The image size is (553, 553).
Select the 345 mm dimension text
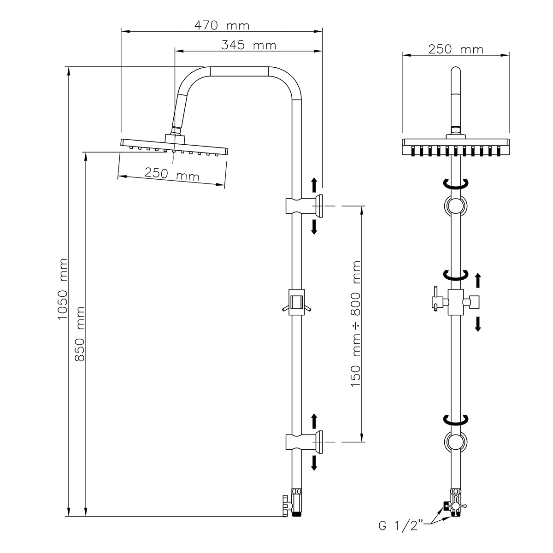click(248, 45)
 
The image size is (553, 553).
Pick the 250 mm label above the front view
click(455, 49)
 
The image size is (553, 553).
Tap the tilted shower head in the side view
click(175, 145)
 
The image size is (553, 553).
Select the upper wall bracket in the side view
click(304, 206)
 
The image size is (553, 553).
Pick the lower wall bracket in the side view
click(304, 441)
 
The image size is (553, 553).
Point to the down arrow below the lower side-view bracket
click(314, 462)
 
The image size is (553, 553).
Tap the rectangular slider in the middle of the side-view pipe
click(296, 302)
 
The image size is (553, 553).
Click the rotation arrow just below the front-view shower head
click(455, 183)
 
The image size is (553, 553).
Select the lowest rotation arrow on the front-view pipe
click(455, 419)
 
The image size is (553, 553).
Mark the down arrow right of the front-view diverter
click(478, 324)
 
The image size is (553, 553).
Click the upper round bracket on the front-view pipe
click(455, 205)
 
